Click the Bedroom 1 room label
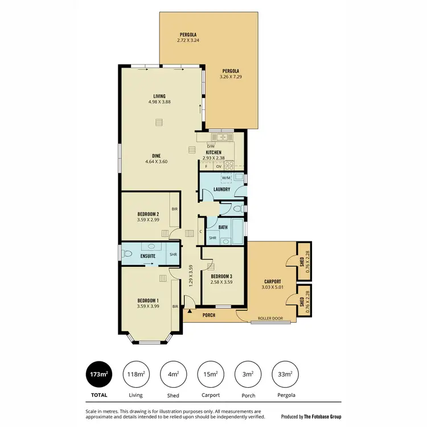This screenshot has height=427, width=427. pos(148,301)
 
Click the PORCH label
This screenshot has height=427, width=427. pos(208,315)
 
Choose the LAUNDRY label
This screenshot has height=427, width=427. pos(221,189)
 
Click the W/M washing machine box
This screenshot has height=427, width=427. pos(226,178)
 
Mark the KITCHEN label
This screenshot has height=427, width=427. pos(213,153)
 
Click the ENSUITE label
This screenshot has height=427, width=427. pos(148,256)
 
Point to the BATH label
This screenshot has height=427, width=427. pos(223,227)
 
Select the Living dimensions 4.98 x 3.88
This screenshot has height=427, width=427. pos(159,102)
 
